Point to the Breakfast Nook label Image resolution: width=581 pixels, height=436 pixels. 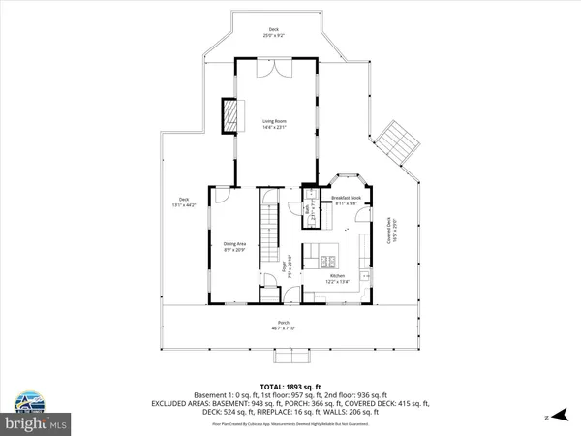347,199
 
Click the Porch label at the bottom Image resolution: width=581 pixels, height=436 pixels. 284,325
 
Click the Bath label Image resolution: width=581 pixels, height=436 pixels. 304,208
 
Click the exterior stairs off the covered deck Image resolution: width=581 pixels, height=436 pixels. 400,144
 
